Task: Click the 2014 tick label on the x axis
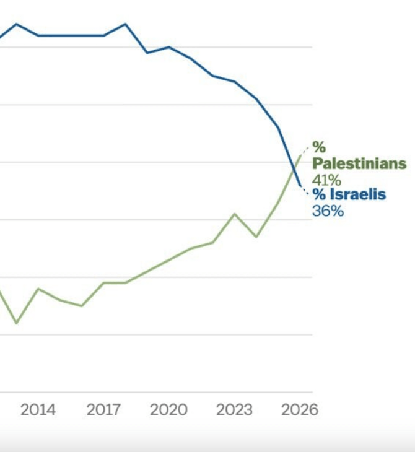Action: pyautogui.click(x=38, y=410)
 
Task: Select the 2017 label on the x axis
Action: pyautogui.click(x=103, y=410)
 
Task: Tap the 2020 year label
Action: pyautogui.click(x=168, y=410)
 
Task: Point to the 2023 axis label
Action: pyautogui.click(x=234, y=410)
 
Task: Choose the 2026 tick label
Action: pyautogui.click(x=299, y=410)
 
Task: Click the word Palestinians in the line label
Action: pyautogui.click(x=359, y=164)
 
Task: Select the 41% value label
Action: pyautogui.click(x=326, y=180)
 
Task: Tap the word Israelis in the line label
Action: pyautogui.click(x=357, y=195)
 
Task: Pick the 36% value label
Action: pyautogui.click(x=327, y=211)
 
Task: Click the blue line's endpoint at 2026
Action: pyautogui.click(x=300, y=186)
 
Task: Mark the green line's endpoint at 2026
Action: pyautogui.click(x=300, y=157)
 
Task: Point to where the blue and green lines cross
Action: pyautogui.click(x=294, y=168)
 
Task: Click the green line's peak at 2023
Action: pyautogui.click(x=235, y=214)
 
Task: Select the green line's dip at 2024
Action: pyautogui.click(x=256, y=237)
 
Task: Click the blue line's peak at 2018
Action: pyautogui.click(x=125, y=24)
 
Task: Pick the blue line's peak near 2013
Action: pyautogui.click(x=17, y=24)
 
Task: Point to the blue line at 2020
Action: pyautogui.click(x=168, y=47)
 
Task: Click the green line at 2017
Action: pyautogui.click(x=103, y=283)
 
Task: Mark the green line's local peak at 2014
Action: pyautogui.click(x=38, y=289)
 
